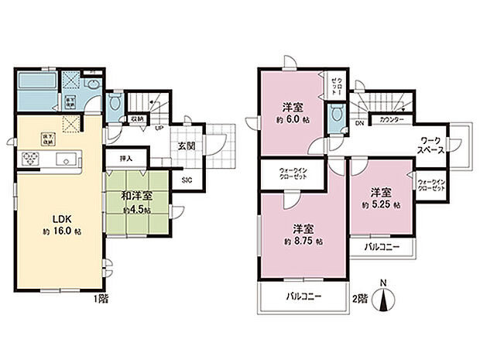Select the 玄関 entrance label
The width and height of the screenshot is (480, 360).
[x=186, y=144]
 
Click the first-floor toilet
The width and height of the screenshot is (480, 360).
[x=114, y=101]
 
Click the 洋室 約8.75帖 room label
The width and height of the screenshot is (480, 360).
[x=302, y=235]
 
